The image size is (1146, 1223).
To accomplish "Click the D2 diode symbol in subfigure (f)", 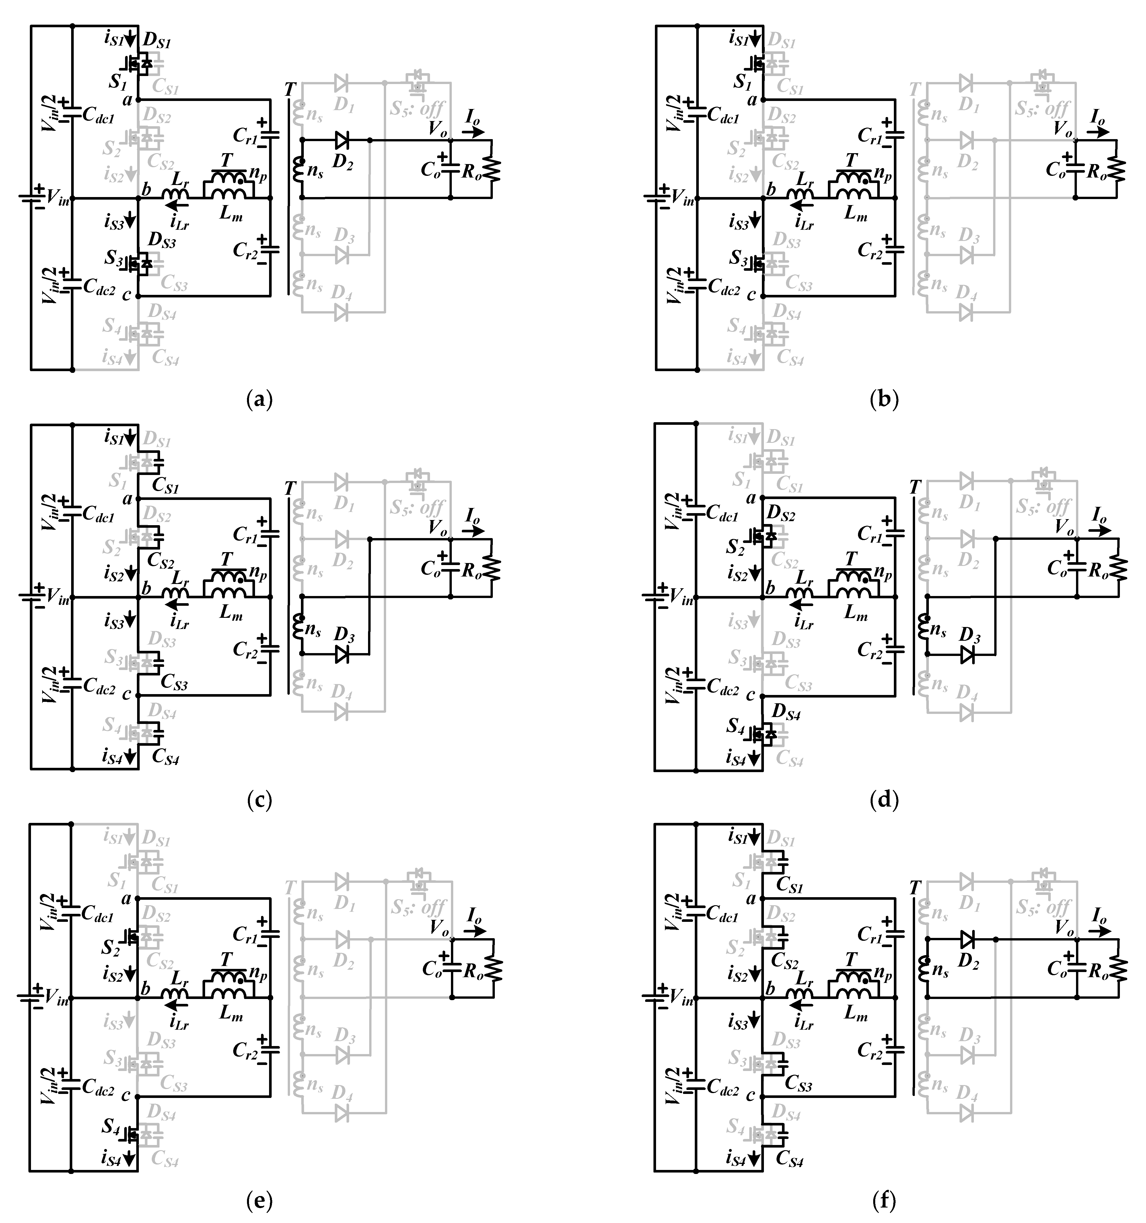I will click(x=968, y=939).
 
